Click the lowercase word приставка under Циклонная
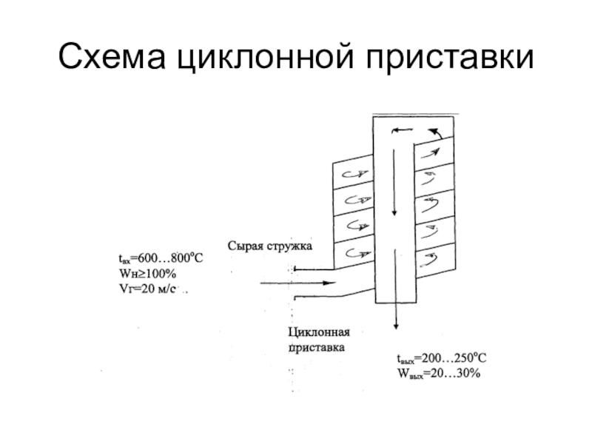click(316, 346)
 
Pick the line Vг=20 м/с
click(147, 289)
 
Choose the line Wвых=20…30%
click(439, 374)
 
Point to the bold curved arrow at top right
click(436, 132)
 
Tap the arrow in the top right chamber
click(429, 152)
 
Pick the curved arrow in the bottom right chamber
click(429, 259)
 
